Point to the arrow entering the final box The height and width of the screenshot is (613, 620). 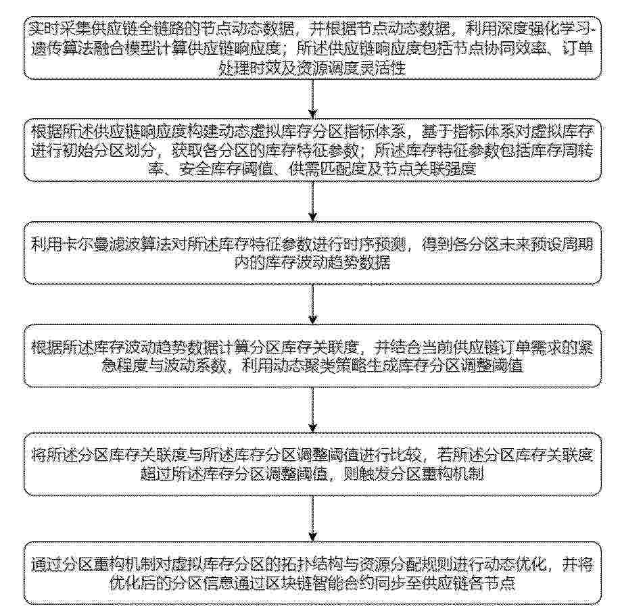point(311,517)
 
